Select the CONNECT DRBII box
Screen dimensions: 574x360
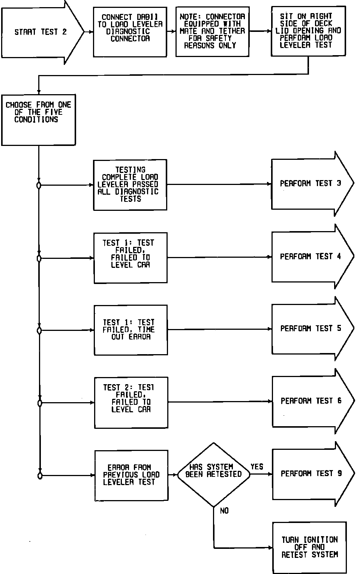point(130,32)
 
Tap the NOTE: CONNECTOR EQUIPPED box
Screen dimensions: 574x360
point(212,32)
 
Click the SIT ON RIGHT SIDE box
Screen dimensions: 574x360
point(308,31)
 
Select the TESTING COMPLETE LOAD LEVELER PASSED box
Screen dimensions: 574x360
point(130,185)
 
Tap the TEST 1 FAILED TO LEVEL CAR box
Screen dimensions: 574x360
point(130,257)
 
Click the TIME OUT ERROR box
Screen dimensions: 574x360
point(130,330)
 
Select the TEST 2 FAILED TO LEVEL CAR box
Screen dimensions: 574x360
point(131,402)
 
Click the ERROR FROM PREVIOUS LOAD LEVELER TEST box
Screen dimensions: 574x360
point(131,475)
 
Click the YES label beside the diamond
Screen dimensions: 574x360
point(257,467)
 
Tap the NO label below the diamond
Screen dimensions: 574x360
point(224,511)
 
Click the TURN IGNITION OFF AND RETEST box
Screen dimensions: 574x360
point(309,547)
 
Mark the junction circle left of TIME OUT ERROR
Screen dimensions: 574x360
point(39,331)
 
